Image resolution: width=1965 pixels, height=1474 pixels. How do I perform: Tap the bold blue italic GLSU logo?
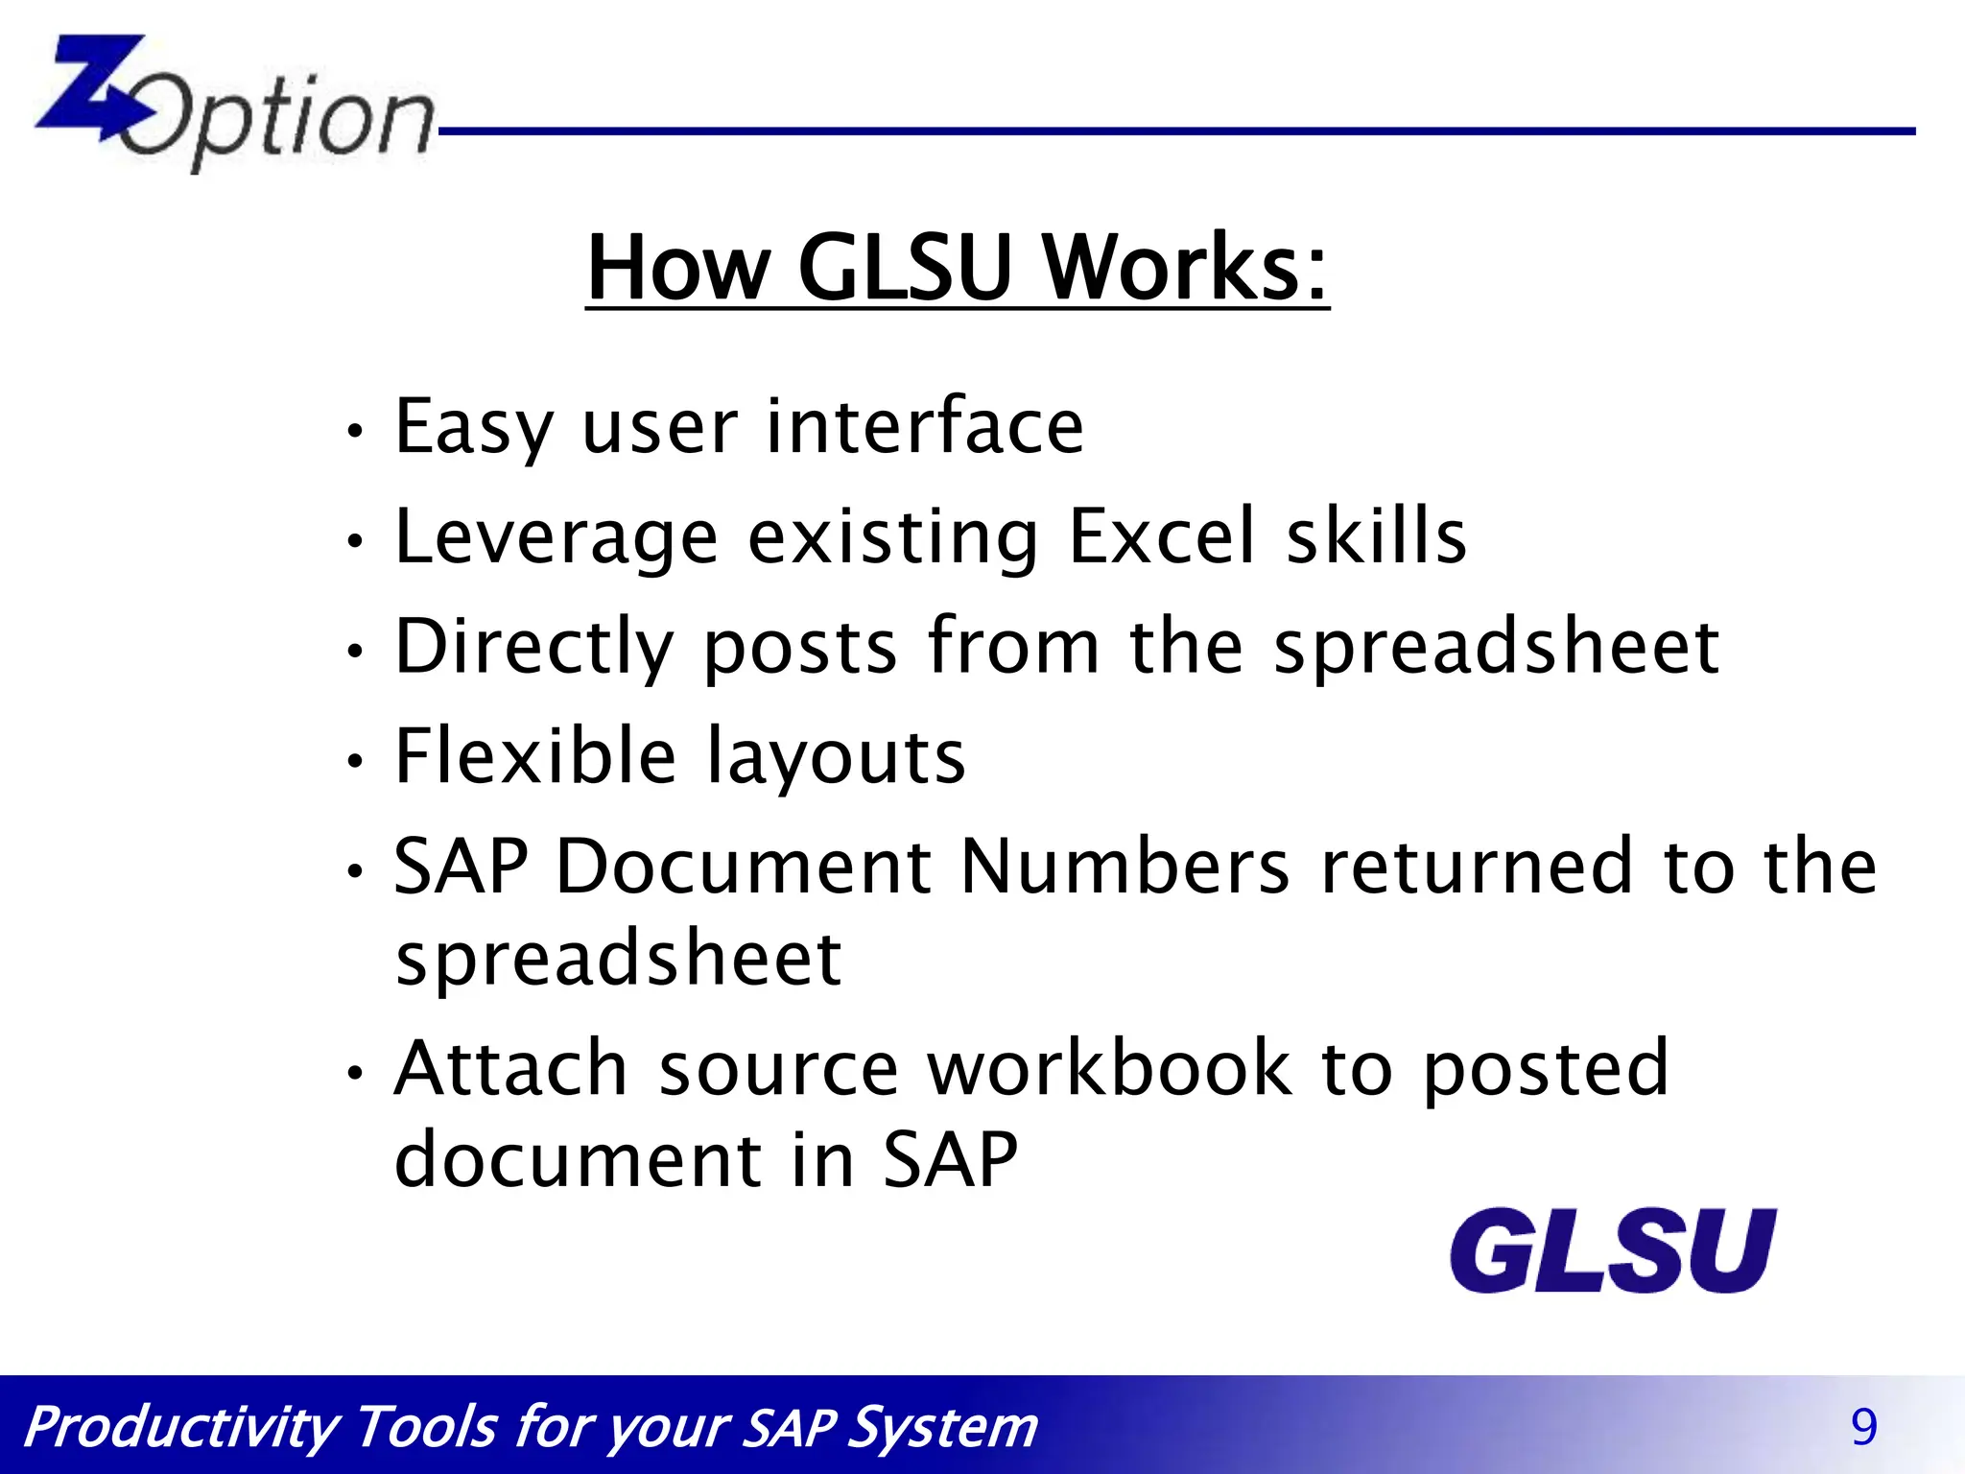[x=1612, y=1251]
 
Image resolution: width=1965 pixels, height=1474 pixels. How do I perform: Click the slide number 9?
[x=1863, y=1427]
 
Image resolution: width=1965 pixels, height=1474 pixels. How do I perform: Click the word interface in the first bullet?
[x=924, y=426]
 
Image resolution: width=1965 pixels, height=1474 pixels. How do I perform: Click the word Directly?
[x=534, y=648]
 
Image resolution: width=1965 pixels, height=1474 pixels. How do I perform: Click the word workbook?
[x=1109, y=1067]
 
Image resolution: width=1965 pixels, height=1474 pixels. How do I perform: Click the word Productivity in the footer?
[x=180, y=1428]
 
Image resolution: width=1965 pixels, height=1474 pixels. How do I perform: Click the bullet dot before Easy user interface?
[x=355, y=431]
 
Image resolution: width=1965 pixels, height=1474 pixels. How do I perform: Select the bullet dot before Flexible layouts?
[x=355, y=761]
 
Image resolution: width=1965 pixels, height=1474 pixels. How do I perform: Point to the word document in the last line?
[x=578, y=1159]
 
